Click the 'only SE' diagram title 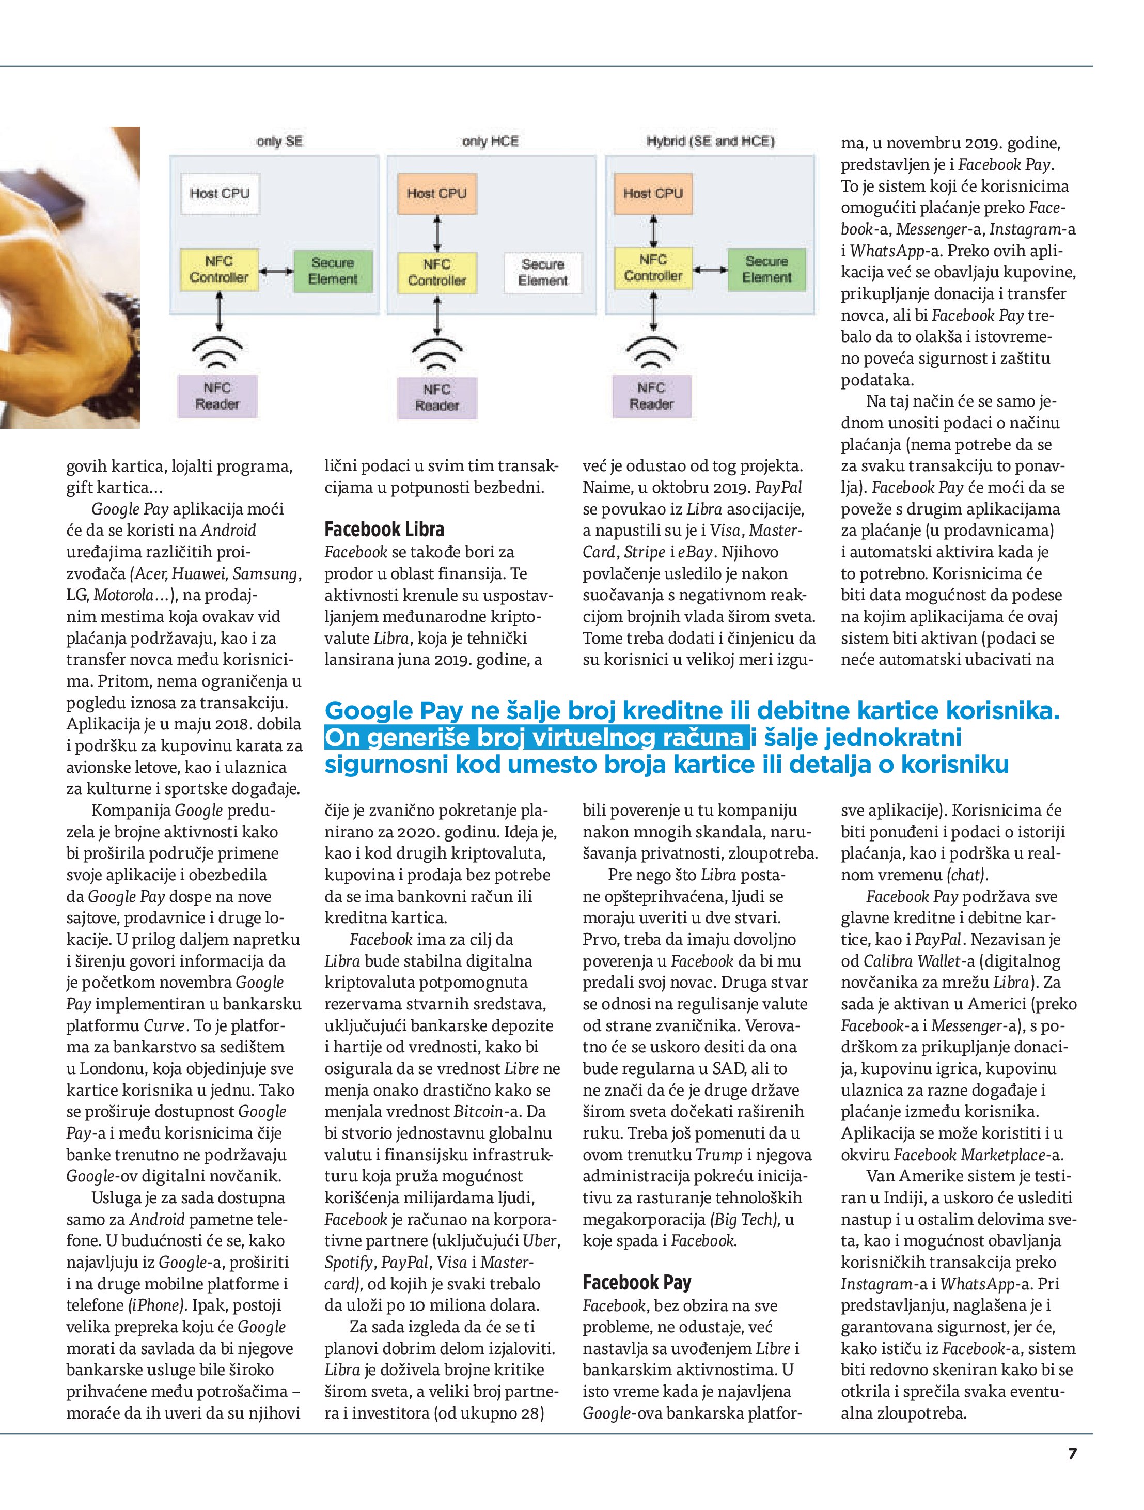(279, 142)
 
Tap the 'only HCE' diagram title (490, 142)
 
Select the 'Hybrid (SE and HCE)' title (710, 142)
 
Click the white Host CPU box (220, 193)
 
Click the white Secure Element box (543, 272)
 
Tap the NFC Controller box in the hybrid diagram (652, 268)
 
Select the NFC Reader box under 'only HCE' (437, 397)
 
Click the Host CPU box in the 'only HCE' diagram (437, 193)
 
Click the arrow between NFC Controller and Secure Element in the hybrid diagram (710, 270)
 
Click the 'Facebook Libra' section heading (384, 529)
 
